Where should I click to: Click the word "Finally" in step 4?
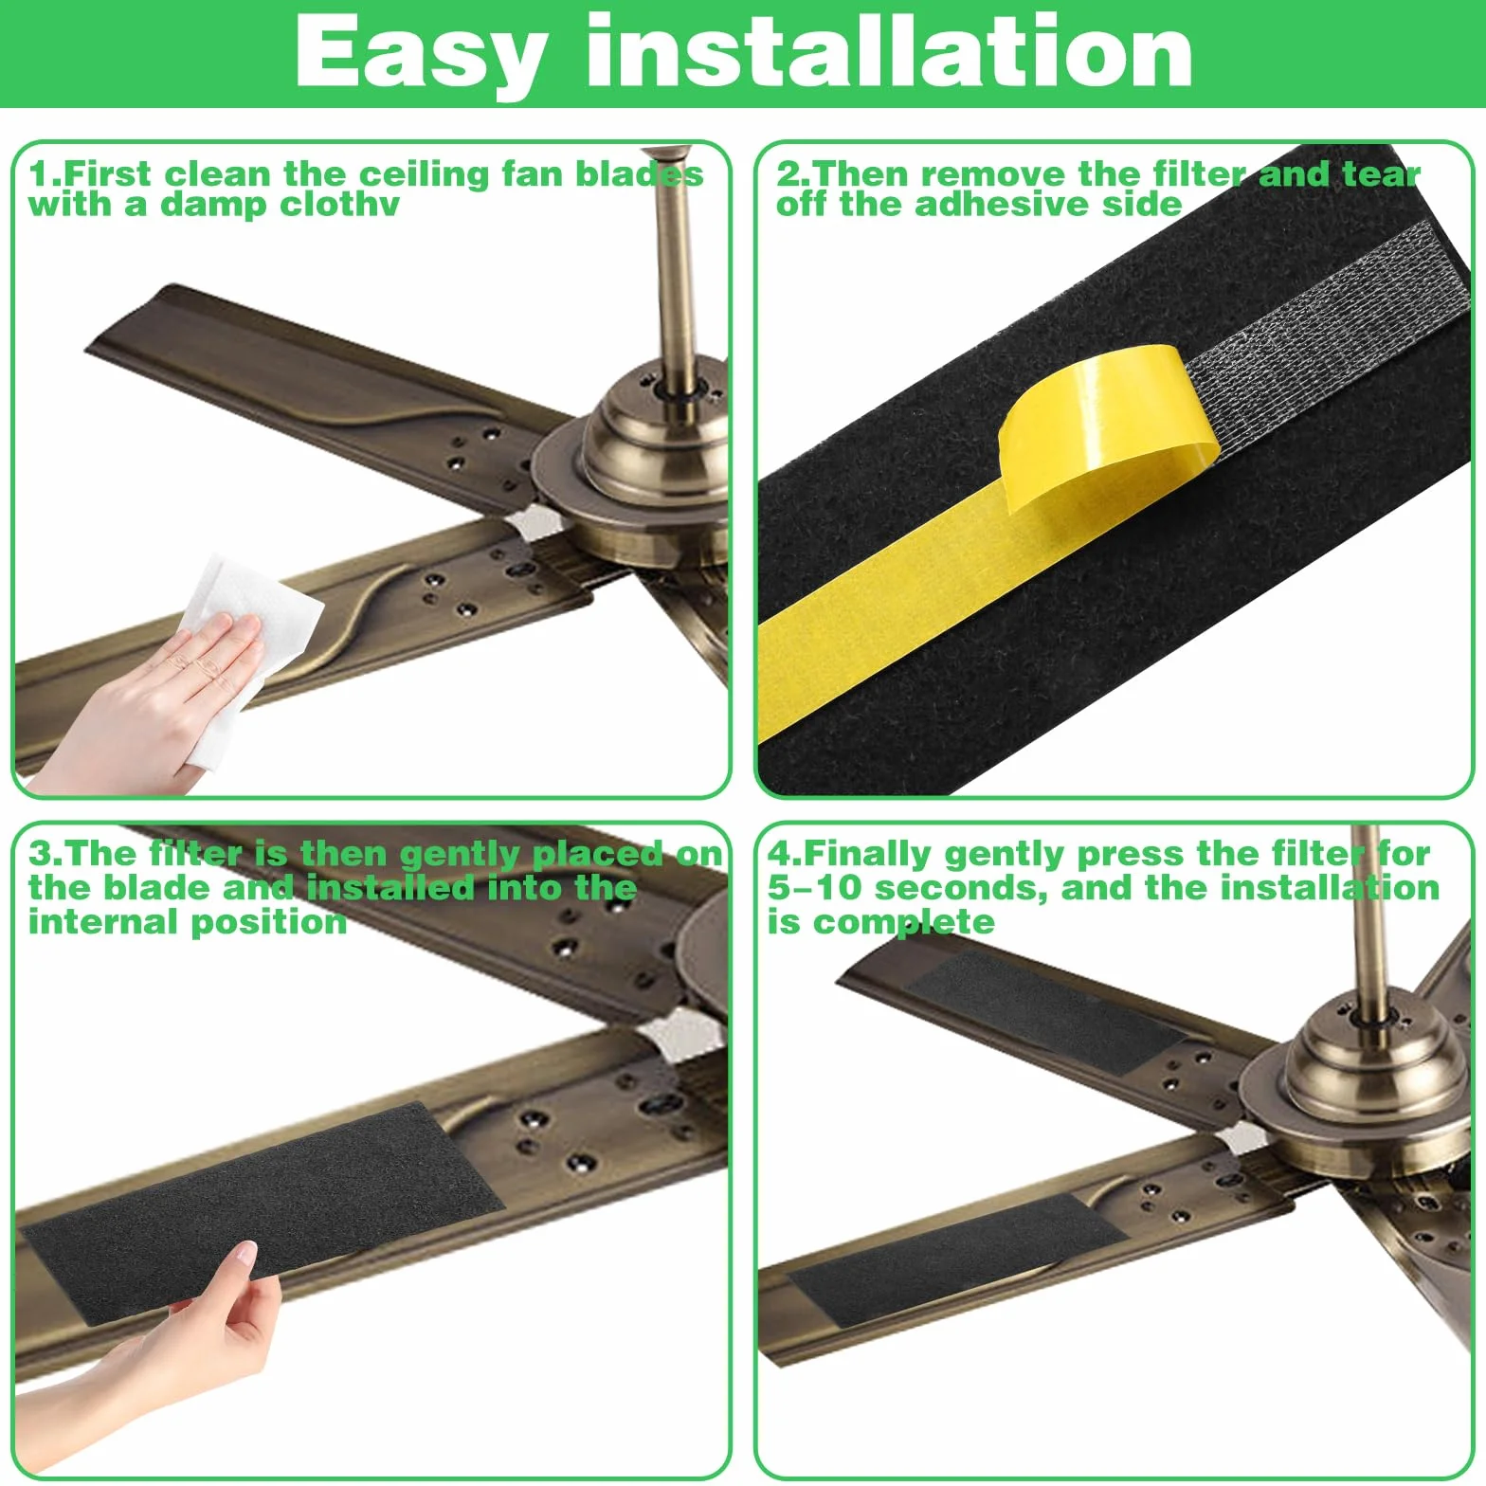[868, 855]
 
